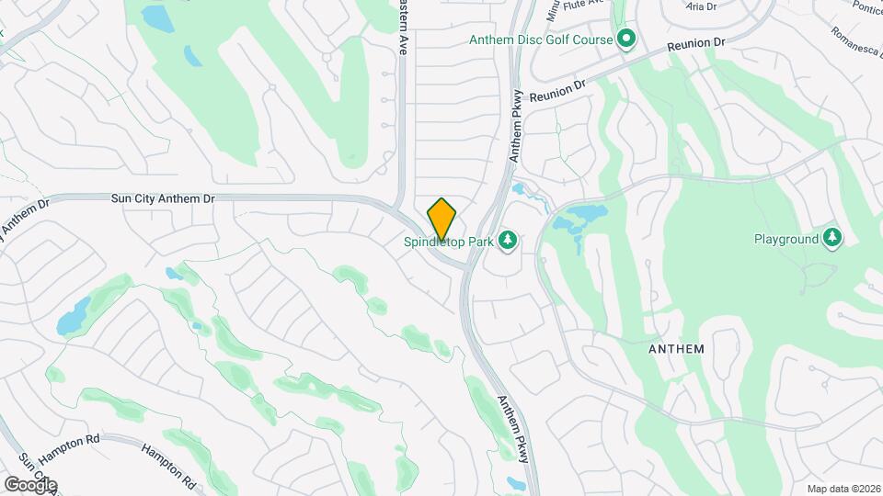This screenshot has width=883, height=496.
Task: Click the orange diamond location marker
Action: pyautogui.click(x=441, y=219)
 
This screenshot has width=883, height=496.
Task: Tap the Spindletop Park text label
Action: pyautogui.click(x=448, y=242)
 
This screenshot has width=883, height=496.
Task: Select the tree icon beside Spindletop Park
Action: pyautogui.click(x=507, y=241)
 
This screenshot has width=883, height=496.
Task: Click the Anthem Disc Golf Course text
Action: pyautogui.click(x=541, y=39)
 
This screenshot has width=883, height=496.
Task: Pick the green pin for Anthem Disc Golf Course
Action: pyautogui.click(x=626, y=39)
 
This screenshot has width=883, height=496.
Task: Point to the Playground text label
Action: pyautogui.click(x=786, y=239)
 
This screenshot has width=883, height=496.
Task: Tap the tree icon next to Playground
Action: pyautogui.click(x=832, y=238)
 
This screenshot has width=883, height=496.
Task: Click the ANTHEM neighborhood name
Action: pyautogui.click(x=676, y=349)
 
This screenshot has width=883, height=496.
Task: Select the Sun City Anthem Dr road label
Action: pyautogui.click(x=162, y=197)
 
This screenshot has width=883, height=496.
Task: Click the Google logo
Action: pyautogui.click(x=30, y=484)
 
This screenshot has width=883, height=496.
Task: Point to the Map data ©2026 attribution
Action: pyautogui.click(x=843, y=488)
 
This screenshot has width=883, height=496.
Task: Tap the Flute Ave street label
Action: pyautogui.click(x=582, y=4)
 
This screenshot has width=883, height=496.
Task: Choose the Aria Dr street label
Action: pyautogui.click(x=702, y=6)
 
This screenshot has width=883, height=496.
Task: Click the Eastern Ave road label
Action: pyautogui.click(x=402, y=28)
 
